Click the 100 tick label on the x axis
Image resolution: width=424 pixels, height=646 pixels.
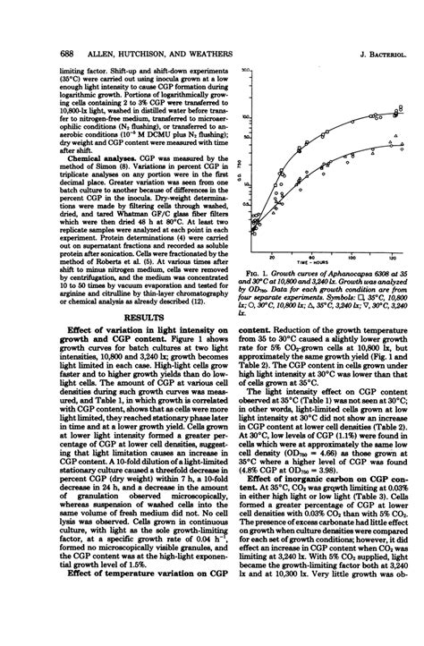coord(370,254)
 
